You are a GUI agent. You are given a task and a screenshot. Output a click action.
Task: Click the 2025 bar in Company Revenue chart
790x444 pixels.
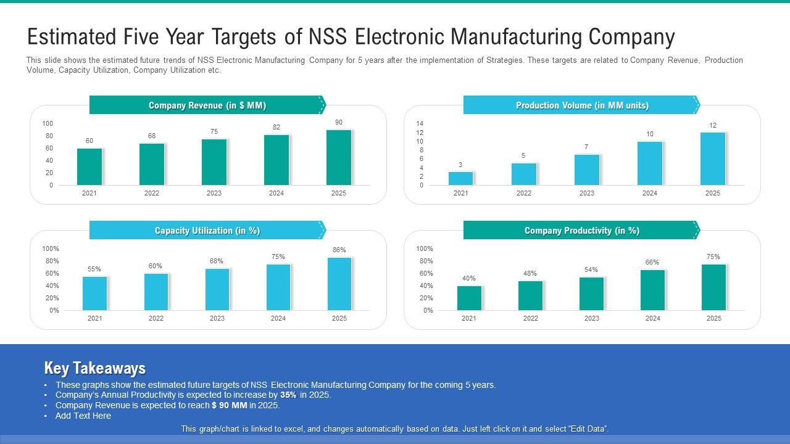click(339, 157)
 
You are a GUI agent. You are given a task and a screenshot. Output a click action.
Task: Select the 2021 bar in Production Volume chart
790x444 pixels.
click(460, 178)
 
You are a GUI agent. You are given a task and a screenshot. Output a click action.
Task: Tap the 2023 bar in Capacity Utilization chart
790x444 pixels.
click(217, 289)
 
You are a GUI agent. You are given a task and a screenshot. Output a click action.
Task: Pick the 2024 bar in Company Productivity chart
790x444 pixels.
click(652, 290)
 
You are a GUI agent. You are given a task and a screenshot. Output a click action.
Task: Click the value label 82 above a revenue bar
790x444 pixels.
click(276, 128)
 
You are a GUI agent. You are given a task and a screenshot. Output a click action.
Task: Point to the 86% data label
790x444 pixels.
click(339, 250)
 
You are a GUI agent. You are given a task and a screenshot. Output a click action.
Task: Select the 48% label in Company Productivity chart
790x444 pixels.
click(530, 273)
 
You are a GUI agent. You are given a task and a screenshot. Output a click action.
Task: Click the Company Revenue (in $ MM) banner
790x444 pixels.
click(207, 105)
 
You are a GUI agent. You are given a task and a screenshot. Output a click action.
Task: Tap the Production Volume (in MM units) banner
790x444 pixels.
click(581, 105)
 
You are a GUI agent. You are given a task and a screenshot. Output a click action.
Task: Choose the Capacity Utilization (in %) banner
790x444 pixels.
click(207, 231)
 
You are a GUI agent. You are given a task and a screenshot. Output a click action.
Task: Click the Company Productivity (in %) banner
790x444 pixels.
click(581, 231)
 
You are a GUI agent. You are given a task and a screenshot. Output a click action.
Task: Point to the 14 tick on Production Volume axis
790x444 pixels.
click(420, 123)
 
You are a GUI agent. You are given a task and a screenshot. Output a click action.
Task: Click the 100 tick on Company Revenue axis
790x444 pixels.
click(48, 123)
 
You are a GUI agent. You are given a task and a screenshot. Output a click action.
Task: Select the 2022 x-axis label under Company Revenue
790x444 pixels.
click(152, 193)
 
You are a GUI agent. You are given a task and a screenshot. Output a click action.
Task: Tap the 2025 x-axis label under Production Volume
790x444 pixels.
click(712, 193)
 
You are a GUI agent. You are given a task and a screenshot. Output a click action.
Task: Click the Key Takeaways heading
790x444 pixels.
click(95, 368)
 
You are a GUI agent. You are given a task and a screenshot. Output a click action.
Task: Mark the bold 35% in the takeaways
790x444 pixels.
click(288, 395)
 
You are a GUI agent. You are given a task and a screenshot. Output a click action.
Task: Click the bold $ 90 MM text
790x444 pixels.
click(229, 406)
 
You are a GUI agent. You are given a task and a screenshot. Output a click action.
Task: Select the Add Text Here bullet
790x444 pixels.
click(83, 416)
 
